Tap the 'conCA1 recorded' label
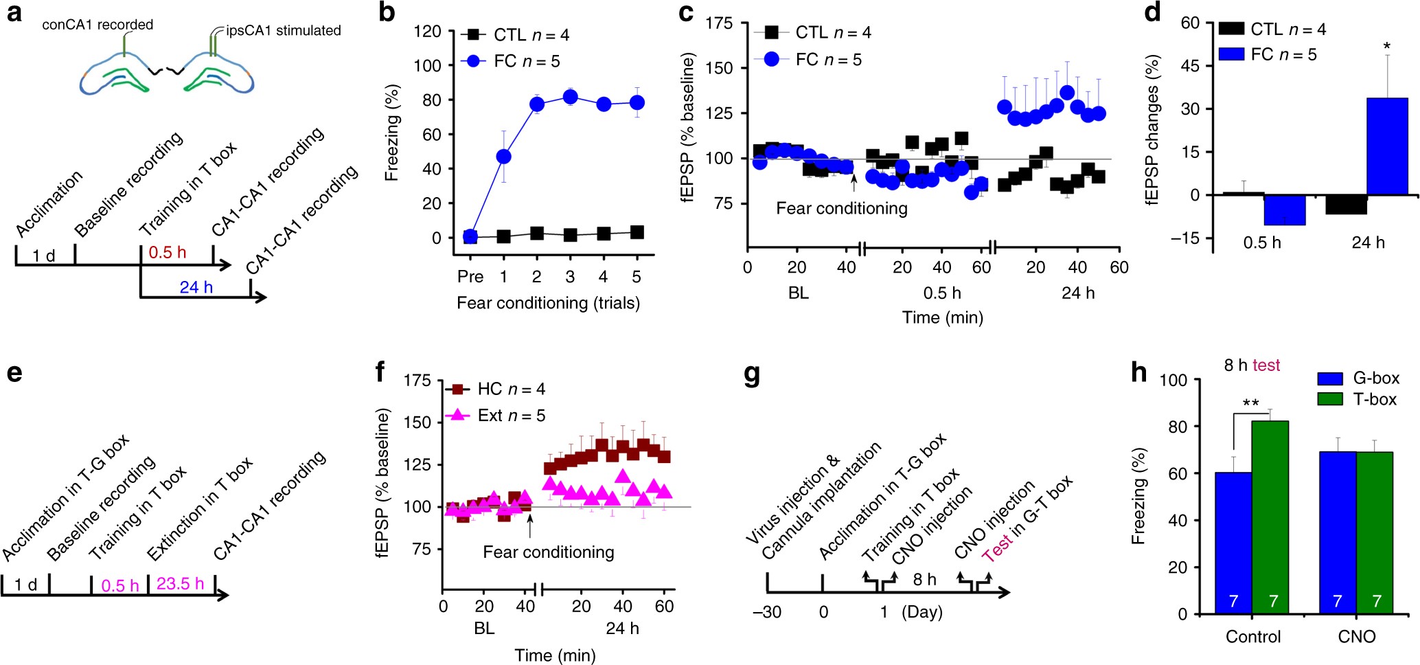(98, 25)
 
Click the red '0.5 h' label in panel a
(167, 252)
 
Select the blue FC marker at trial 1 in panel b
(503, 157)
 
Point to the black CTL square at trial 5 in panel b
(637, 232)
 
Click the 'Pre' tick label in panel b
(470, 276)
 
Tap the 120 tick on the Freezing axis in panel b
(427, 32)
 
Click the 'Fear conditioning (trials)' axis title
(548, 303)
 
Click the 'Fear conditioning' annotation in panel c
(841, 208)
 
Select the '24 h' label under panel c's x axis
(1077, 293)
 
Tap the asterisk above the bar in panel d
(1387, 47)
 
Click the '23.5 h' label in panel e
(180, 584)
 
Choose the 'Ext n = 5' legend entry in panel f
(511, 416)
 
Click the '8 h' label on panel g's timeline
(924, 580)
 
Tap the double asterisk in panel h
(1251, 403)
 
